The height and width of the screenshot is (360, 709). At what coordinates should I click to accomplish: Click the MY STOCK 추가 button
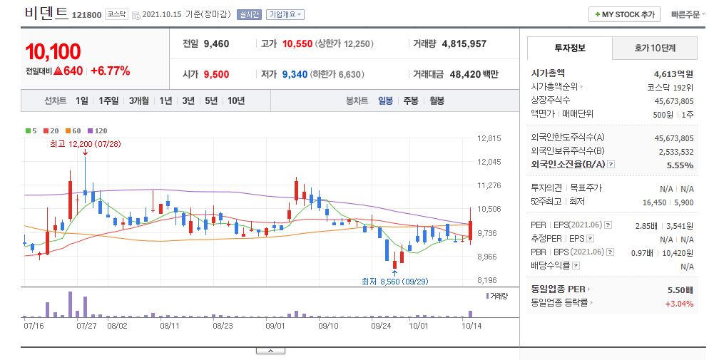click(x=624, y=14)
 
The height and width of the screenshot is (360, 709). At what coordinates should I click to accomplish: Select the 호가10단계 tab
click(x=655, y=48)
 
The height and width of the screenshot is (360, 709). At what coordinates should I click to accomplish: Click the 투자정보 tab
click(x=570, y=48)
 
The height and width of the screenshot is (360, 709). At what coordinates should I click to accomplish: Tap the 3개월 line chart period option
click(x=139, y=101)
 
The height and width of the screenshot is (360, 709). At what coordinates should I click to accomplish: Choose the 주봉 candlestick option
click(x=411, y=101)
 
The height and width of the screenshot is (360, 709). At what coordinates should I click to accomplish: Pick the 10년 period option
click(x=236, y=101)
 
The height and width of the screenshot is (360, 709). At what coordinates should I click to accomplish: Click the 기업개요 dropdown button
click(x=285, y=14)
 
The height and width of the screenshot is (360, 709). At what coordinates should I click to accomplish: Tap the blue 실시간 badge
click(x=249, y=14)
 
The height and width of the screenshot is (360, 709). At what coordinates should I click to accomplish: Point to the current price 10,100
click(x=53, y=51)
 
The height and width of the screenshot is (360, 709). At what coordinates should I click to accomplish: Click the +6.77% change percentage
click(x=111, y=71)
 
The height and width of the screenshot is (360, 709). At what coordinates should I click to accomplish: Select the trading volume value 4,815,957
click(x=464, y=43)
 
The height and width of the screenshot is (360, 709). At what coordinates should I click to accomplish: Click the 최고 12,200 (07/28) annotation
click(x=86, y=144)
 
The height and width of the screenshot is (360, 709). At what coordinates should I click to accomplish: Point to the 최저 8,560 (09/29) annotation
click(x=394, y=282)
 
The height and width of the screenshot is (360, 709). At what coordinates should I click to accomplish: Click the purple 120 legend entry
click(x=97, y=131)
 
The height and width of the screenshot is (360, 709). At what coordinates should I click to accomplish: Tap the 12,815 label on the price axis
click(x=489, y=138)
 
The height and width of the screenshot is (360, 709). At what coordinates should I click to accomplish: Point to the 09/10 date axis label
click(x=328, y=326)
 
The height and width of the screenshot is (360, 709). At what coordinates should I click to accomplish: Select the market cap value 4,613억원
click(x=673, y=74)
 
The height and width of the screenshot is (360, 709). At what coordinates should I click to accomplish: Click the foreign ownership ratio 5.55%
click(x=680, y=165)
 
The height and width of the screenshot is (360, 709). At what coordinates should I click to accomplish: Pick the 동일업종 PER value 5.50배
click(x=680, y=290)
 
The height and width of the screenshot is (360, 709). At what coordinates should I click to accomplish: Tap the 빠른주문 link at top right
click(x=685, y=14)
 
